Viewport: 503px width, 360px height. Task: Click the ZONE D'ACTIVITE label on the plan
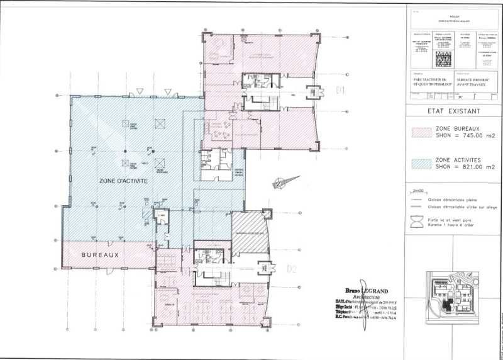[124, 181]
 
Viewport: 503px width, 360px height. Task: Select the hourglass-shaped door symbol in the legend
[417, 222]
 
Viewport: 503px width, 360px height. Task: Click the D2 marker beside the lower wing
[291, 269]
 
